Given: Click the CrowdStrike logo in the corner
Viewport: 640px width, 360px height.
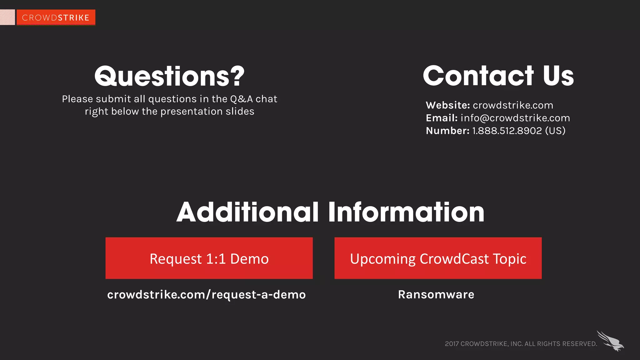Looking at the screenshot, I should (56, 17).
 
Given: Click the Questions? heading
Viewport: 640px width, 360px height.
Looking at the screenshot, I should (169, 76).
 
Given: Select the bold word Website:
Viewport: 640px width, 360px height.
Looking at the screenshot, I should (447, 105).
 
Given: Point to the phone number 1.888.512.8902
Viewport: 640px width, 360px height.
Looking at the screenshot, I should (507, 131).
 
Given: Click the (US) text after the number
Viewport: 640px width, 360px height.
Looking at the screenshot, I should (555, 131).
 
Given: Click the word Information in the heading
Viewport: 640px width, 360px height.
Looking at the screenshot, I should (406, 212).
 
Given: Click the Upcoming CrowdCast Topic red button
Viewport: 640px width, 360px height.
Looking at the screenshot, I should (438, 258).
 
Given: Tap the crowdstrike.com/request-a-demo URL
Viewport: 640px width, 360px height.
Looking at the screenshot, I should (206, 295).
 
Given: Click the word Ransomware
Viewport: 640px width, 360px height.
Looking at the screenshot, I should (436, 295).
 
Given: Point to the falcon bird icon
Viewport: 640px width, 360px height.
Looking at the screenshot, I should (611, 341).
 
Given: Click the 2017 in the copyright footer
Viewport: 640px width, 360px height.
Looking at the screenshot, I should (452, 344).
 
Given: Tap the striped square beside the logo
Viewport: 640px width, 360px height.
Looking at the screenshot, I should (7, 17).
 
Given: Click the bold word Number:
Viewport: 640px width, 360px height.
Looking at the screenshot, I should (447, 131).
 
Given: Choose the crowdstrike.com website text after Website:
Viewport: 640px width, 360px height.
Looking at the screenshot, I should (513, 105).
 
